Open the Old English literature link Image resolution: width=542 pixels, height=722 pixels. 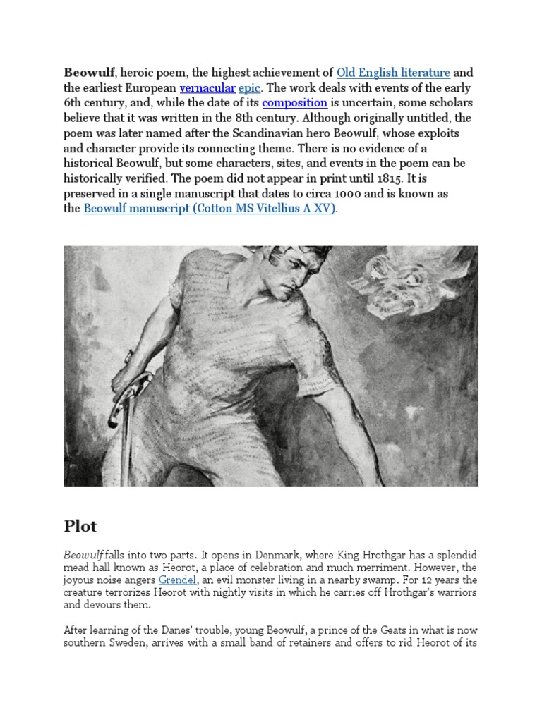393,73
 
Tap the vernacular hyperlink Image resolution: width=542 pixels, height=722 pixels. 207,88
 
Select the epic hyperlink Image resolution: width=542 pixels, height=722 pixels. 248,88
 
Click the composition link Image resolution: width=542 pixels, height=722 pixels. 294,103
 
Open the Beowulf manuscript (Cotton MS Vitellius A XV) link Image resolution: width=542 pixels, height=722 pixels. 210,209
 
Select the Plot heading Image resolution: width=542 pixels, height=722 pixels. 80,526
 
